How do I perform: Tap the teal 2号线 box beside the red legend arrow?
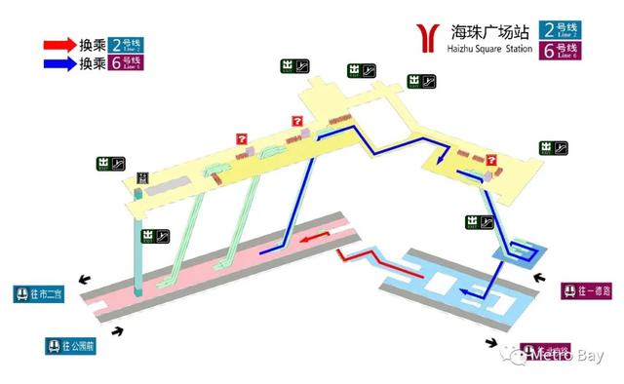pos(131,45)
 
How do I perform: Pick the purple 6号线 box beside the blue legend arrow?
pos(131,63)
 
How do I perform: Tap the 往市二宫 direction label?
pos(38,293)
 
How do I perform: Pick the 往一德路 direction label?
pos(586,290)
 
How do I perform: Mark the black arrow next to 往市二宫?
pos(88,278)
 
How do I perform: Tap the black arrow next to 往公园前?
pos(119,331)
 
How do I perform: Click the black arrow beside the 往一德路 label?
pos(539,278)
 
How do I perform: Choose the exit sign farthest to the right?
pos(552,148)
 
